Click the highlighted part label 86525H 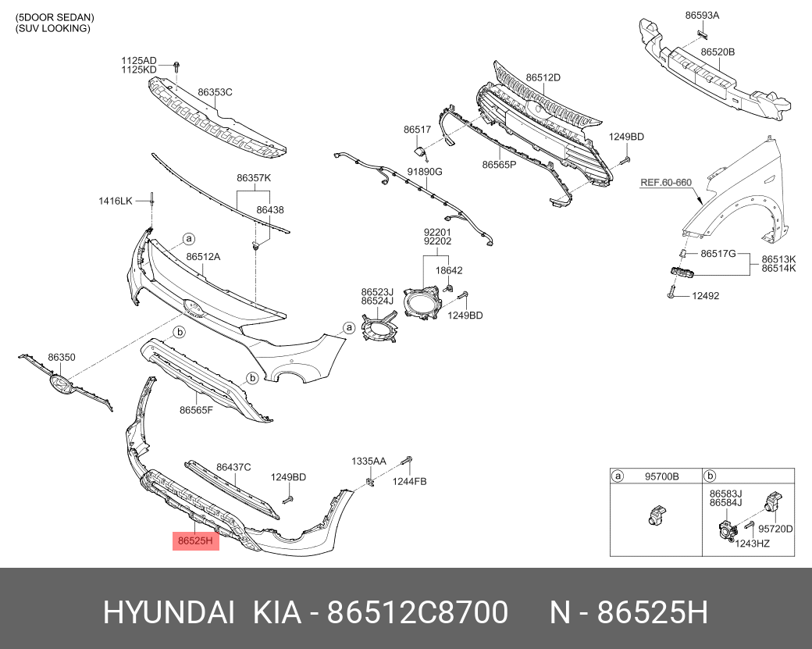[196, 541]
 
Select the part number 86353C [215, 92]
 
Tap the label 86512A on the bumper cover [203, 257]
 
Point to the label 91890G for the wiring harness [425, 172]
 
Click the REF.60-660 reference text [666, 182]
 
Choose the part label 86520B [718, 52]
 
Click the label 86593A [702, 16]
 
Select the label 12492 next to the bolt [705, 296]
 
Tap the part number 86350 [62, 357]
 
